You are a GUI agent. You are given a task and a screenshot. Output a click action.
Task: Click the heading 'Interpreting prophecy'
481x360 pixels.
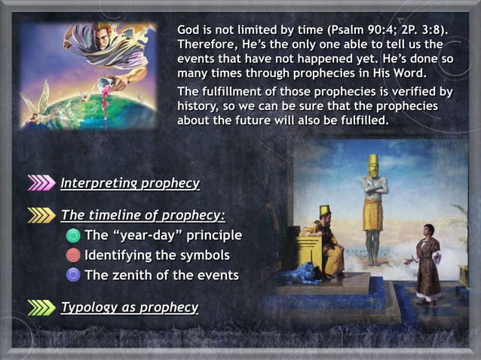click(130, 183)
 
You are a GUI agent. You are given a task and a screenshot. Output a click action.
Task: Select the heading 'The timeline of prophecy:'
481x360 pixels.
click(142, 216)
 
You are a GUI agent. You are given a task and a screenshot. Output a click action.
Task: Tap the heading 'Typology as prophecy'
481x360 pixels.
click(129, 307)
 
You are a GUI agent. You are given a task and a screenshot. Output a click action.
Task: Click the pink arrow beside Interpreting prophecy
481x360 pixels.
click(41, 183)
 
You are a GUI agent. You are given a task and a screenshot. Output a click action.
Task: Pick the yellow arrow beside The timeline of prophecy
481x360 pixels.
click(41, 216)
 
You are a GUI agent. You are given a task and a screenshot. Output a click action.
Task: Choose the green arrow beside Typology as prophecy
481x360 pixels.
click(41, 307)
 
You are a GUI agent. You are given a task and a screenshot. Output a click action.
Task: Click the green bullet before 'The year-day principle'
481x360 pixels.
click(73, 236)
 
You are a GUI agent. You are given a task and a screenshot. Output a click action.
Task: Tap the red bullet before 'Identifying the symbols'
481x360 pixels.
click(73, 255)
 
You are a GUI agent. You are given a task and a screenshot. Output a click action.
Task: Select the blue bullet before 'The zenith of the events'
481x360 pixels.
click(73, 275)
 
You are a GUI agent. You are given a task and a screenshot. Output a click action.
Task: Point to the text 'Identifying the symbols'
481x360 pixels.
click(157, 255)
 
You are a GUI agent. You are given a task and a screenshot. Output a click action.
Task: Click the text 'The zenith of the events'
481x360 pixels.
click(161, 275)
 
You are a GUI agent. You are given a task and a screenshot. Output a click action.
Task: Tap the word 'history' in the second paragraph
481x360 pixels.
click(197, 106)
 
